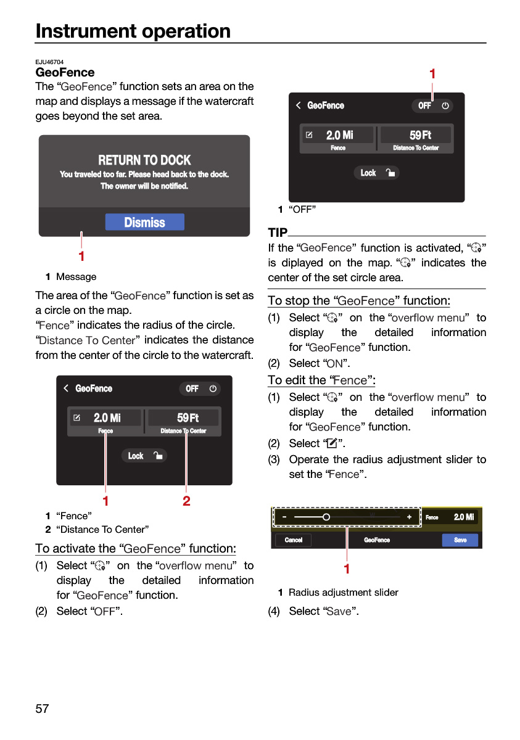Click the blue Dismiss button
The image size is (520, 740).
(x=145, y=222)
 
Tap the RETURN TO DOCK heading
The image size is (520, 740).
(x=144, y=160)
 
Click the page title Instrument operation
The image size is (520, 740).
(x=133, y=31)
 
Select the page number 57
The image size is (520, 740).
(x=42, y=709)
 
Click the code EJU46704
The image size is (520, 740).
(x=49, y=62)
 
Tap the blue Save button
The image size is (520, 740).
(x=460, y=540)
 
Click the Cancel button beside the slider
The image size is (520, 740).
(x=294, y=540)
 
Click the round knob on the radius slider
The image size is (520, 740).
(x=326, y=517)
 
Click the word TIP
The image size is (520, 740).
(x=278, y=232)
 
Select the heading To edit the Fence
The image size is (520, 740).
(x=321, y=380)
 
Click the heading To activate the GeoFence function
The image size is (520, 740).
(x=136, y=548)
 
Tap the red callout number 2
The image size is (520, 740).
(x=186, y=501)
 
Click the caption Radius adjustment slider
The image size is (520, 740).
(x=343, y=593)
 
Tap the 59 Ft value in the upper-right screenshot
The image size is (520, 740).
(x=420, y=135)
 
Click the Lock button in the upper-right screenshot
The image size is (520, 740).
(x=377, y=173)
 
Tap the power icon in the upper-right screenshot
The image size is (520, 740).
(x=445, y=105)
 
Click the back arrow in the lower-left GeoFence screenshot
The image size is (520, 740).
(x=66, y=388)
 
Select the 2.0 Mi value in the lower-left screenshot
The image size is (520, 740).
(x=107, y=417)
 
